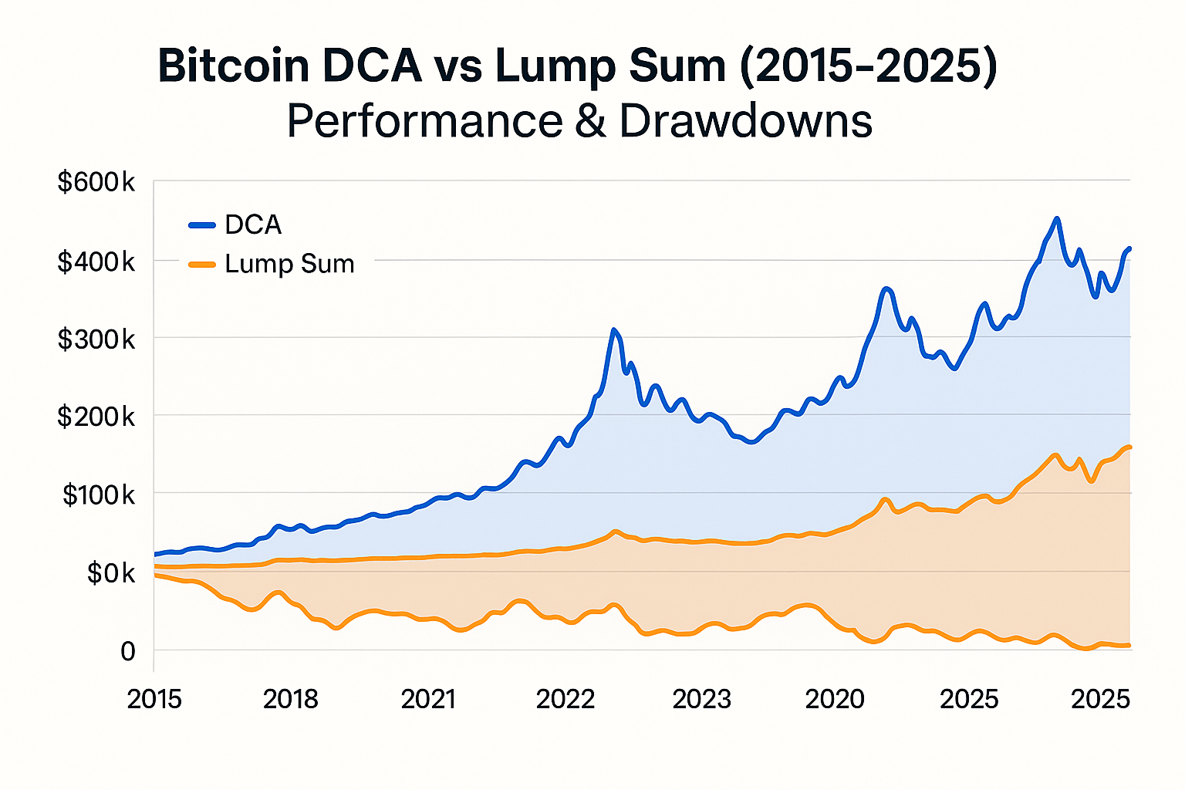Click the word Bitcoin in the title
click(x=233, y=66)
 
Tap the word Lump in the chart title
click(x=555, y=66)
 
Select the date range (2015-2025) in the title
click(x=868, y=66)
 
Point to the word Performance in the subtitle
click(x=425, y=121)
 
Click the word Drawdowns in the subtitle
click(x=745, y=121)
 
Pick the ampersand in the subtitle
click(x=591, y=122)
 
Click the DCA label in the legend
click(x=253, y=225)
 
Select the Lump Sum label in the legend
click(x=289, y=264)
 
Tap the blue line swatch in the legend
click(x=202, y=225)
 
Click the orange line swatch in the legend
click(x=202, y=265)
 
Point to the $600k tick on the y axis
click(x=96, y=183)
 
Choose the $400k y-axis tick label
click(x=96, y=262)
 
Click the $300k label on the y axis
click(x=96, y=339)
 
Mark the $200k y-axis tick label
click(x=96, y=417)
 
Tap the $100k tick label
click(x=99, y=495)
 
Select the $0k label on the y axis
click(x=110, y=573)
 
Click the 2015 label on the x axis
click(x=154, y=699)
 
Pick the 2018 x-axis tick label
click(x=291, y=699)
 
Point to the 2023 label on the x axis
click(x=701, y=699)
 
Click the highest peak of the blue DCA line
click(x=1057, y=219)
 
